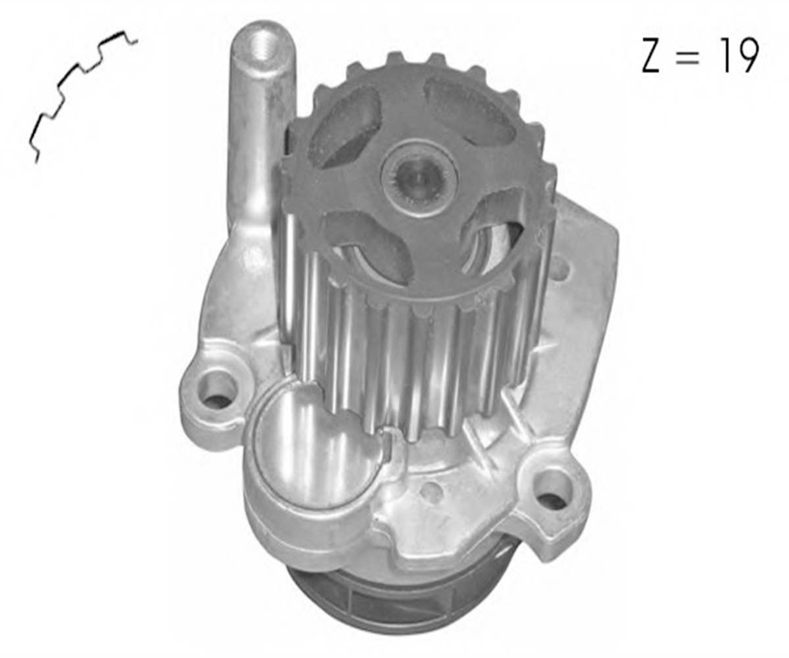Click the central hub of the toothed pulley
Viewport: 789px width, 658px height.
(x=419, y=177)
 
